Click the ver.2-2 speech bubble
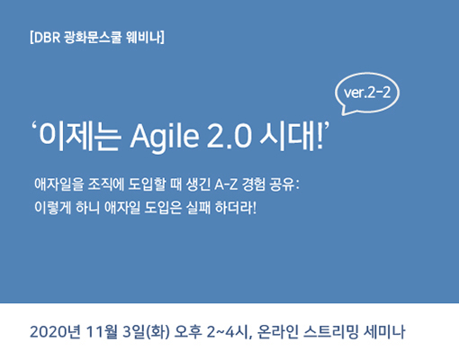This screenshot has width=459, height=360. tap(367, 94)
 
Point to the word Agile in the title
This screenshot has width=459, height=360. tap(165, 137)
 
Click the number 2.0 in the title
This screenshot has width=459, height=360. tap(229, 137)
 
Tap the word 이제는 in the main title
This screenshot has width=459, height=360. tap(80, 137)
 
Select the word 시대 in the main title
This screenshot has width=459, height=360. tap(287, 137)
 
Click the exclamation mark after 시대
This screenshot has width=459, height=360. tap(319, 137)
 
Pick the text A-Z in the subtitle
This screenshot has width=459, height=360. tap(226, 184)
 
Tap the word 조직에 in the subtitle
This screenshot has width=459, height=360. tap(106, 184)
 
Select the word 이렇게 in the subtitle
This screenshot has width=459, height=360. tap(52, 208)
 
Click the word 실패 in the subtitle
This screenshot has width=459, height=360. tap(198, 208)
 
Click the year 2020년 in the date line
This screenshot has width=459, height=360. tap(55, 332)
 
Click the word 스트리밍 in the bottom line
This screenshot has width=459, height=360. tap(331, 332)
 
